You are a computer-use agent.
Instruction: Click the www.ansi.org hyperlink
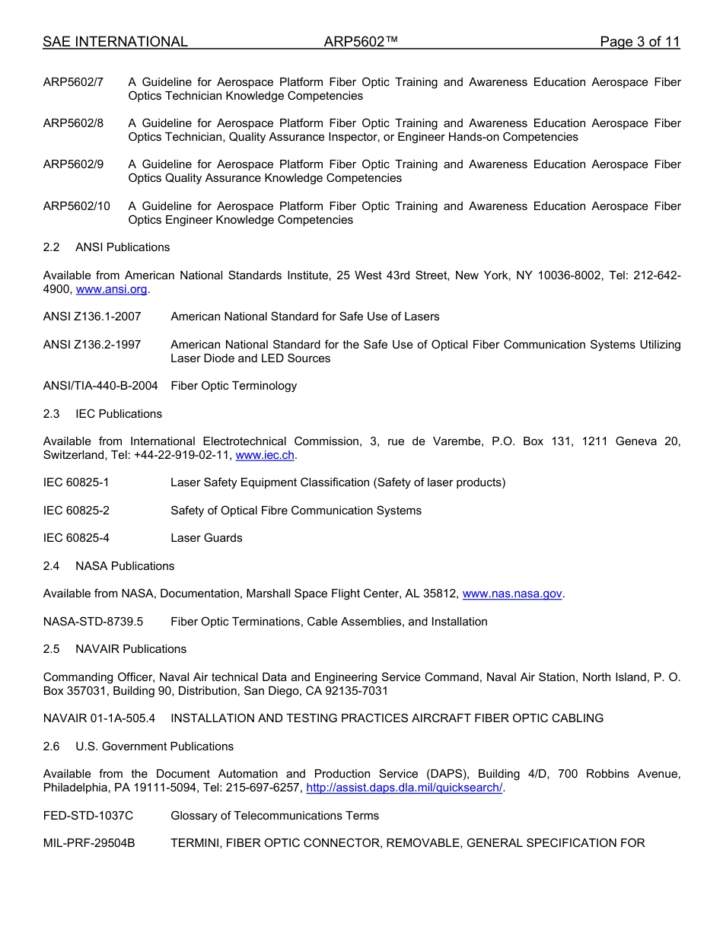[112, 289]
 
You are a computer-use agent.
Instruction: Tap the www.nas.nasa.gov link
[512, 594]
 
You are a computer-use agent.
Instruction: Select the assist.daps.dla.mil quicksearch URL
[404, 788]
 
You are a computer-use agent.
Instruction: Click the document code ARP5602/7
[73, 82]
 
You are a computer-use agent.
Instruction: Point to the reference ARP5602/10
[76, 206]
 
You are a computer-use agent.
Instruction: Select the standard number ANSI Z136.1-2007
[91, 317]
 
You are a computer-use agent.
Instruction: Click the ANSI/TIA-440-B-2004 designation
[100, 386]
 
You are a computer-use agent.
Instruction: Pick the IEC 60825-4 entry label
[76, 538]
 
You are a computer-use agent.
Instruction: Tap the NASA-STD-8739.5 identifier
[93, 622]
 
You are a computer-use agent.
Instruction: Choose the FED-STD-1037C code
[88, 816]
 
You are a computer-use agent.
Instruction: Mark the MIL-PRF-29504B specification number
[89, 843]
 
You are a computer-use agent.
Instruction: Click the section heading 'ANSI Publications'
[123, 247]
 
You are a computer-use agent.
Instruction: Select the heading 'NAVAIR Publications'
[131, 649]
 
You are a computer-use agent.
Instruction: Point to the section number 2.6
[51, 747]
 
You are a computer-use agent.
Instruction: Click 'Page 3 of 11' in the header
[639, 42]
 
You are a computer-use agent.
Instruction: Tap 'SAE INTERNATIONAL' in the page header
[115, 42]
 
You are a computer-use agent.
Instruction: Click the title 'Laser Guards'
[206, 538]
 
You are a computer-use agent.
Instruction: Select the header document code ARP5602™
[361, 42]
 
